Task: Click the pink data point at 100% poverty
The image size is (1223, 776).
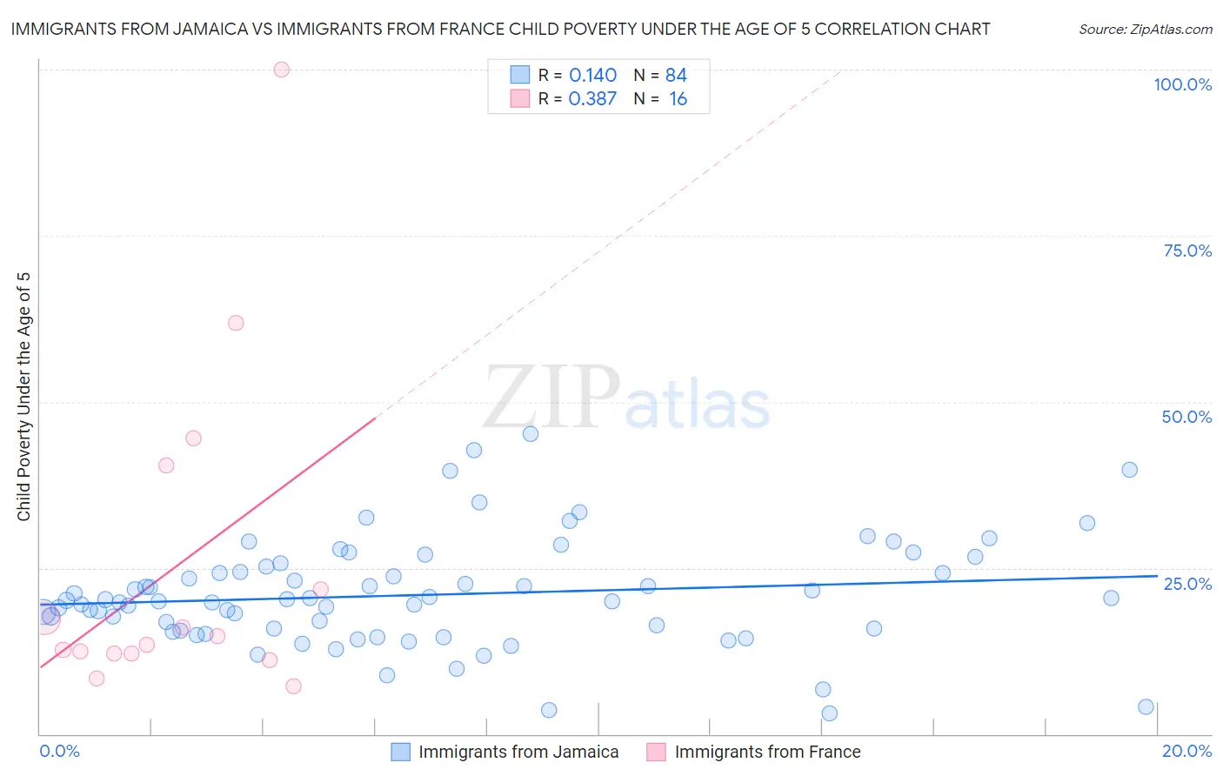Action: pos(281,70)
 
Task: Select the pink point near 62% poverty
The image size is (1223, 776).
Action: pos(236,323)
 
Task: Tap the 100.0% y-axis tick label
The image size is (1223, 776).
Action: pos(1182,84)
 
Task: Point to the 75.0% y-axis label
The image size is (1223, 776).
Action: pos(1187,251)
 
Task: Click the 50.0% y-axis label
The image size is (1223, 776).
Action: pos(1186,417)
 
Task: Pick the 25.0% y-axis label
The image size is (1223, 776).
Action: pos(1187,583)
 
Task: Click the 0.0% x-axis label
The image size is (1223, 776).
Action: pos(59,751)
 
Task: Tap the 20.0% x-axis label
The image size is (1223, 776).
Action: pos(1186,751)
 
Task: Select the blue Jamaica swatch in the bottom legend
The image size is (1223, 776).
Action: pos(400,752)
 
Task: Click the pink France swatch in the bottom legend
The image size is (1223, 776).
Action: pos(656,752)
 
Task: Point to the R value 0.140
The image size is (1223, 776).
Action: pos(592,76)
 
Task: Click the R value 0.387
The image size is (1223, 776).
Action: pos(592,99)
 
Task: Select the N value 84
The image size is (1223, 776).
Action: pos(676,76)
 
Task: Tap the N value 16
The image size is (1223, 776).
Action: pos(678,99)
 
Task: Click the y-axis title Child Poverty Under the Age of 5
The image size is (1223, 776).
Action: pos(24,397)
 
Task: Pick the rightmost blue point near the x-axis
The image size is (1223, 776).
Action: pos(1146,707)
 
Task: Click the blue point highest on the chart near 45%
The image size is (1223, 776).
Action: pos(531,434)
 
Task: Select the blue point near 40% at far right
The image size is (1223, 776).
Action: pos(1129,470)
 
